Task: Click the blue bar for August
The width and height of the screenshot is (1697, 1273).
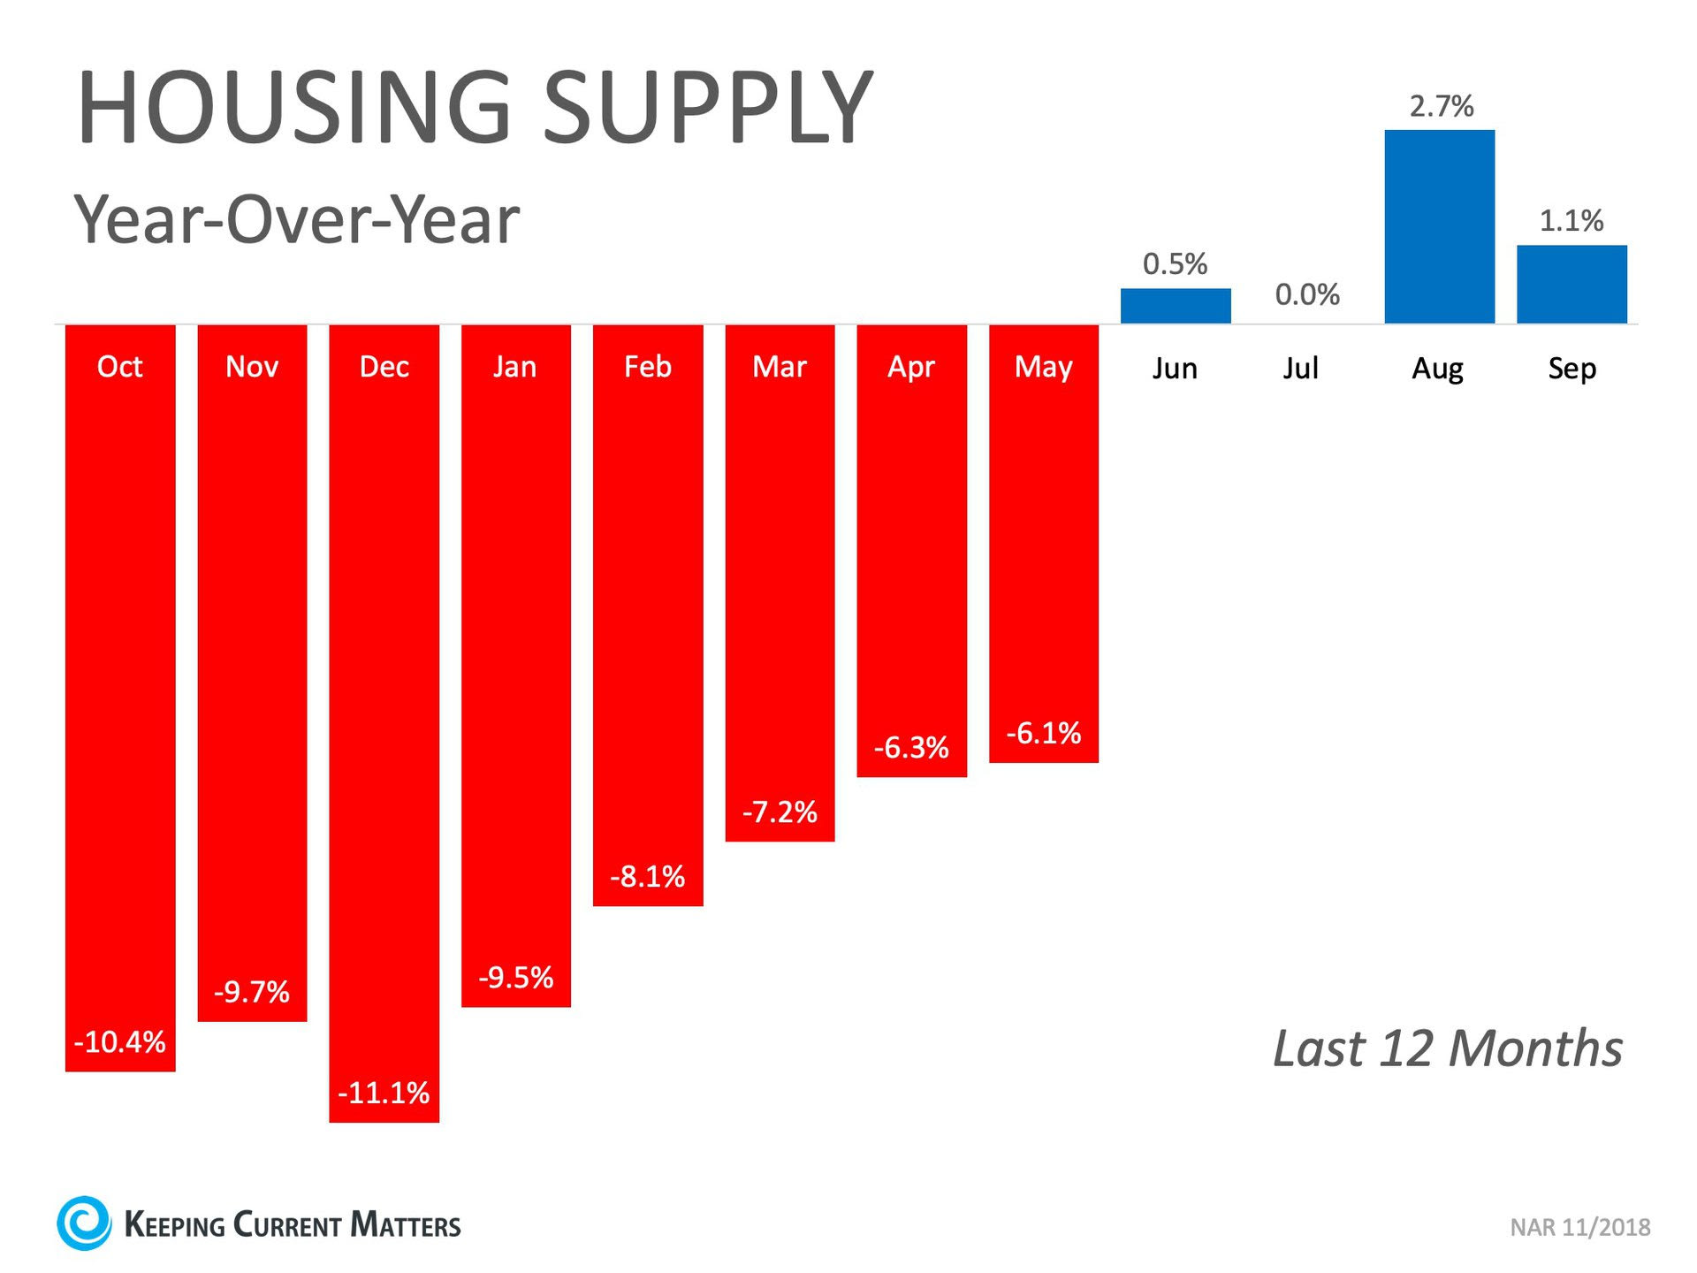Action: pos(1439,226)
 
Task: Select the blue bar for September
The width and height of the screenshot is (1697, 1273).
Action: pos(1571,284)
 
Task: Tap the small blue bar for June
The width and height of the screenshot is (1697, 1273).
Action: pos(1176,305)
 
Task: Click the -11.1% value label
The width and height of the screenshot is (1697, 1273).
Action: pos(384,1093)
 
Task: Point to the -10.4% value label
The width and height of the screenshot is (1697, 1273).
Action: pos(120,1042)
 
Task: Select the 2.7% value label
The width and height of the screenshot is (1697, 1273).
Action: pos(1441,107)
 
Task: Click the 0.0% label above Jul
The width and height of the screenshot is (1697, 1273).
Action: pos(1307,294)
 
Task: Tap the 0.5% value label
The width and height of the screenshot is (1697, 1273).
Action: pos(1175,263)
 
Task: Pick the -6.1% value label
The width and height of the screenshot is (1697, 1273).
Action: pos(1044,733)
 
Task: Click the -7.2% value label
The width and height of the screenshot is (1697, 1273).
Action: pos(780,812)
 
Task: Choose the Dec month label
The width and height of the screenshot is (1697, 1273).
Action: pos(384,367)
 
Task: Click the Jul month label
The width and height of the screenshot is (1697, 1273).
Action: pos(1301,368)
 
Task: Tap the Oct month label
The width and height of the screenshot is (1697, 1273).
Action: pos(119,367)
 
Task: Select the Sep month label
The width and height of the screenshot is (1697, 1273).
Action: pos(1571,368)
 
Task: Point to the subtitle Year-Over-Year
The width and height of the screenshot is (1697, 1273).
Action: pos(297,219)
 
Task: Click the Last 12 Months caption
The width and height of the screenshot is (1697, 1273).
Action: pos(1448,1048)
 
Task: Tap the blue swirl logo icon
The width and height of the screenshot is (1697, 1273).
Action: pos(84,1223)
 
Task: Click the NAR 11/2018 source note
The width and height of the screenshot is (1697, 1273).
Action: pos(1579,1227)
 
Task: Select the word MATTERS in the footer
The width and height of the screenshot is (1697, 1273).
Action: pos(406,1225)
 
